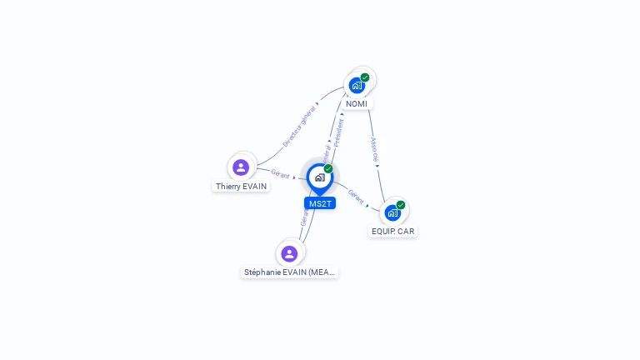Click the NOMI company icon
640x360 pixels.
point(357,85)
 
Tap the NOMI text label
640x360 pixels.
point(357,104)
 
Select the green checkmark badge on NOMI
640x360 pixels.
point(365,77)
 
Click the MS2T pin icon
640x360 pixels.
point(319,177)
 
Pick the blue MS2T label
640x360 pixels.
point(319,203)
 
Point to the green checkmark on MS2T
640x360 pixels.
point(328,169)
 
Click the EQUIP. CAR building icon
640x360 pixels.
point(392,212)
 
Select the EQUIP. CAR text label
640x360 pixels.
point(392,231)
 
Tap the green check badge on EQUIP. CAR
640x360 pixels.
point(401,205)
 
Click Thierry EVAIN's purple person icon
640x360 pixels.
point(241,167)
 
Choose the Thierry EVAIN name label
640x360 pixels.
point(241,187)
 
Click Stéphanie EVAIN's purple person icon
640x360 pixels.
point(289,253)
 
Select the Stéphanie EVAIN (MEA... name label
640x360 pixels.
point(289,272)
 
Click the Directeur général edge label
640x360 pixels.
point(299,127)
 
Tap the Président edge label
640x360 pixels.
point(338,132)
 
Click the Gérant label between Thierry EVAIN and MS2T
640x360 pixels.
point(280,174)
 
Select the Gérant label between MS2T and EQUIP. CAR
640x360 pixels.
point(356,197)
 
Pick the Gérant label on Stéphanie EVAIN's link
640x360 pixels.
point(305,218)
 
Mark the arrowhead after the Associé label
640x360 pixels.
point(377,165)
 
